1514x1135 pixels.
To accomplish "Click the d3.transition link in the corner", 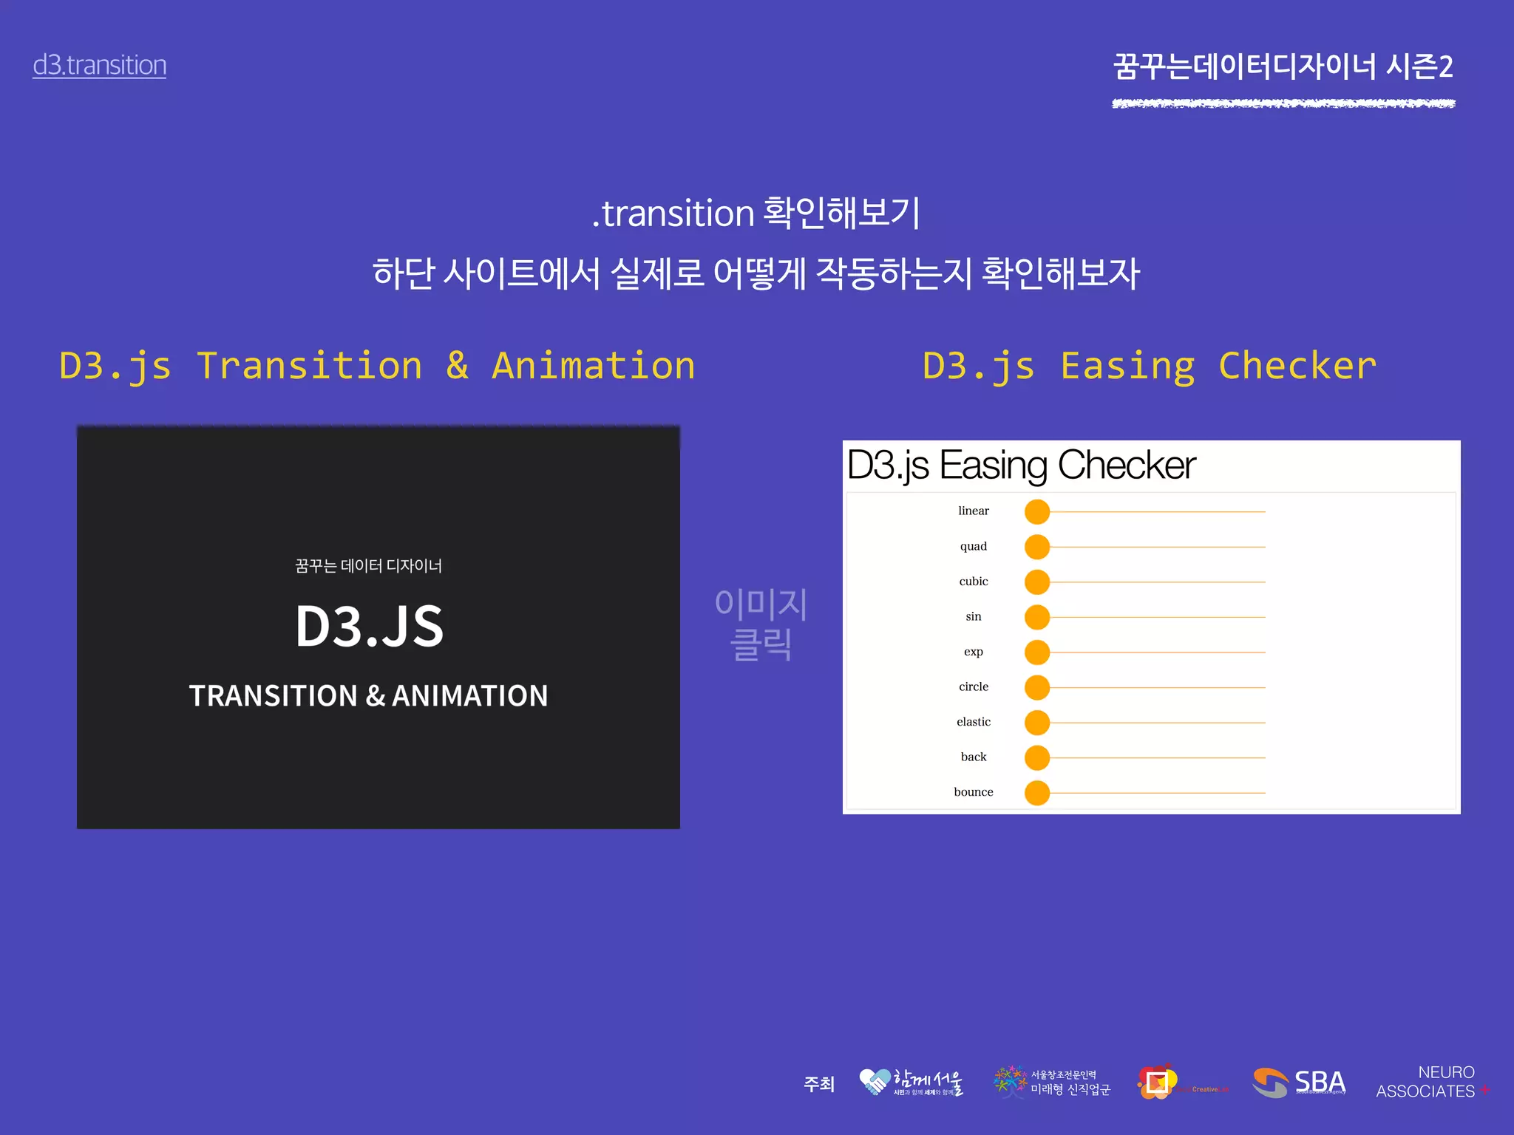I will pos(99,65).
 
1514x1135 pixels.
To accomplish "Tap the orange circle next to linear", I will pos(1037,511).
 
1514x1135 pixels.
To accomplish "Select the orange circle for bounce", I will pos(1037,793).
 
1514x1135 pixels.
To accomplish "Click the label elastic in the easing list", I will pos(974,722).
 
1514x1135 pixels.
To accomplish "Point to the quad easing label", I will pos(974,546).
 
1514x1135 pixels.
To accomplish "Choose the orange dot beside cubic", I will pos(1037,582).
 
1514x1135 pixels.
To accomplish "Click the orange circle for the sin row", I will pos(1037,617).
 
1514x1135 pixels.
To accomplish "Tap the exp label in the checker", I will pos(974,652).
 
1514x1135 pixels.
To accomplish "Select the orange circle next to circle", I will pos(1037,687).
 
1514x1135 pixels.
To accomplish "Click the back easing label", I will pos(974,757).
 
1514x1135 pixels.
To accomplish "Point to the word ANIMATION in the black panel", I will pos(469,696).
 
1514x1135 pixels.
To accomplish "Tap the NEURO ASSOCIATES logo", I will pos(1427,1082).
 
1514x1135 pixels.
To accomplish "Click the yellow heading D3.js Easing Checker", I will pos(1150,366).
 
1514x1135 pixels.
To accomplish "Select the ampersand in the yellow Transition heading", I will pos(458,366).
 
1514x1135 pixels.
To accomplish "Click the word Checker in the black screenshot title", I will pos(1127,466).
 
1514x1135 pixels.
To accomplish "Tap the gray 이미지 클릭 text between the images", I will pos(761,624).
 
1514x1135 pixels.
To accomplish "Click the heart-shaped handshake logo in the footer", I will pos(875,1082).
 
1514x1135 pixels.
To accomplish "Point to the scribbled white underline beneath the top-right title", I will pos(1283,103).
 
